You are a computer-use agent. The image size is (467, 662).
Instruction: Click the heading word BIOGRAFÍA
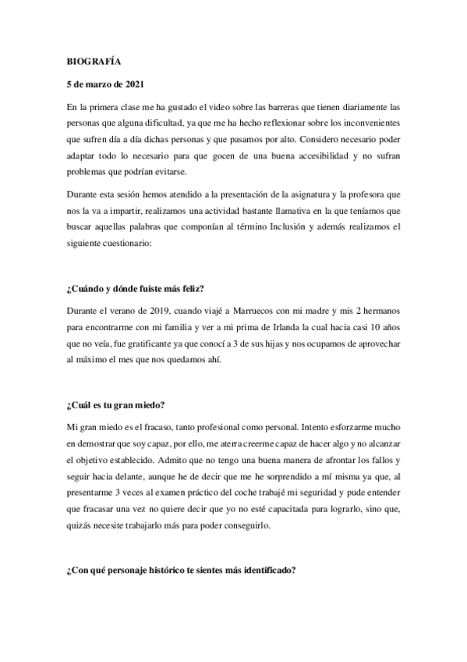point(90,59)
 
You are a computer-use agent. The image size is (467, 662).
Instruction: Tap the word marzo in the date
point(97,83)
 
